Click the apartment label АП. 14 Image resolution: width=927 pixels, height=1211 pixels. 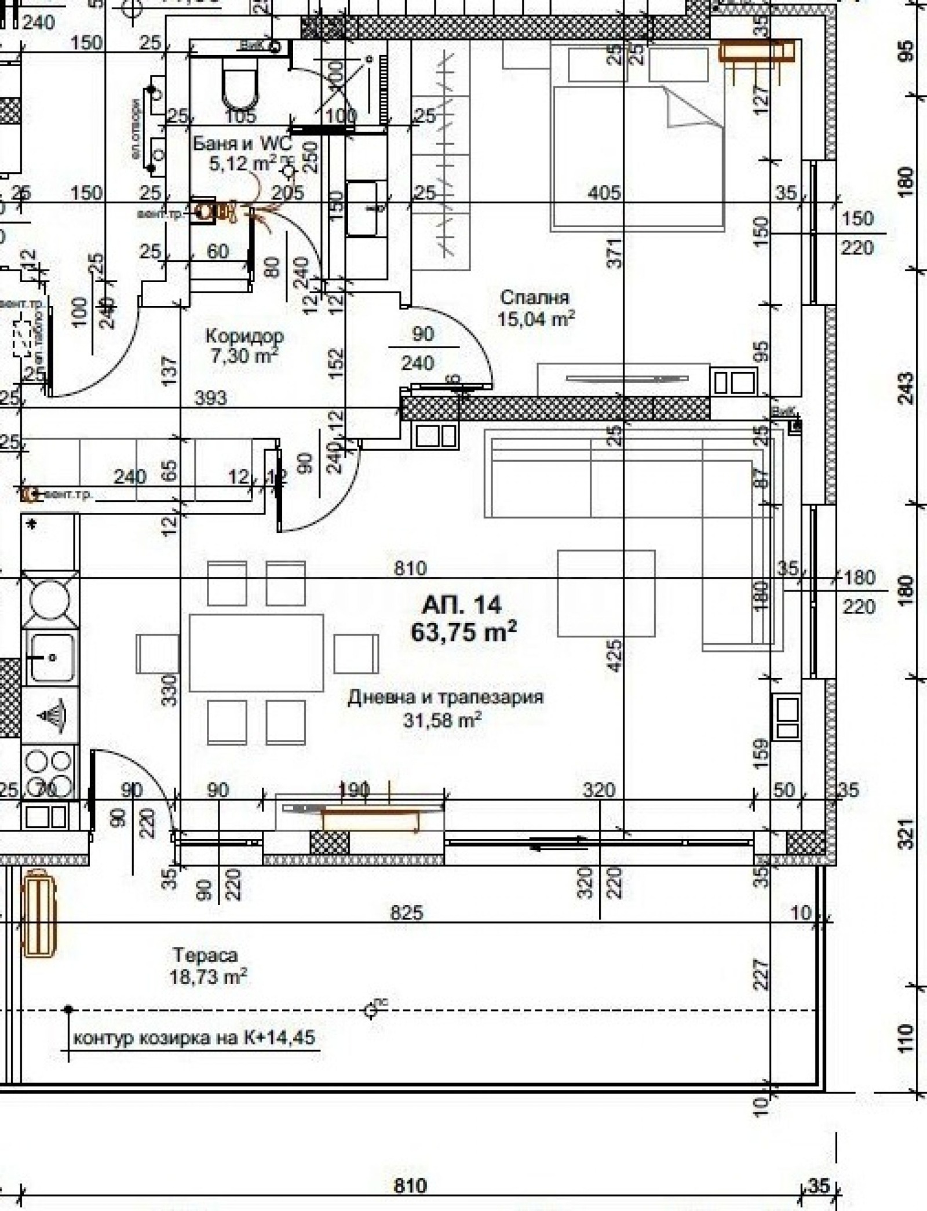pyautogui.click(x=462, y=605)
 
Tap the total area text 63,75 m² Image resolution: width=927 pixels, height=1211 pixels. pyautogui.click(x=463, y=632)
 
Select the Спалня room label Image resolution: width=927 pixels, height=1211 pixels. pyautogui.click(x=534, y=298)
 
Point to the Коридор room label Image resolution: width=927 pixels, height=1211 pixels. pyautogui.click(x=244, y=336)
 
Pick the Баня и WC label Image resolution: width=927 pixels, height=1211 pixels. pyautogui.click(x=242, y=143)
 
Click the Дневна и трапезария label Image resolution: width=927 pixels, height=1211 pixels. pyautogui.click(x=446, y=697)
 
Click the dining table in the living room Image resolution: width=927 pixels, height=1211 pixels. pyautogui.click(x=256, y=653)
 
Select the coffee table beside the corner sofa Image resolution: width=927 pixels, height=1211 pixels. pyautogui.click(x=606, y=593)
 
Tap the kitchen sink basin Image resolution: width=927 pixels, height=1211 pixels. pyautogui.click(x=51, y=657)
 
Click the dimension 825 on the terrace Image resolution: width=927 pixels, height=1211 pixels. pyautogui.click(x=407, y=913)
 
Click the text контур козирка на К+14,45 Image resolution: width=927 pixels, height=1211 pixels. pyautogui.click(x=195, y=1037)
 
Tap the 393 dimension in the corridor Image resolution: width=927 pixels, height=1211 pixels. pyautogui.click(x=210, y=398)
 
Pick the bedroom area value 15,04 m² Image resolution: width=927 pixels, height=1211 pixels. pyautogui.click(x=536, y=319)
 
